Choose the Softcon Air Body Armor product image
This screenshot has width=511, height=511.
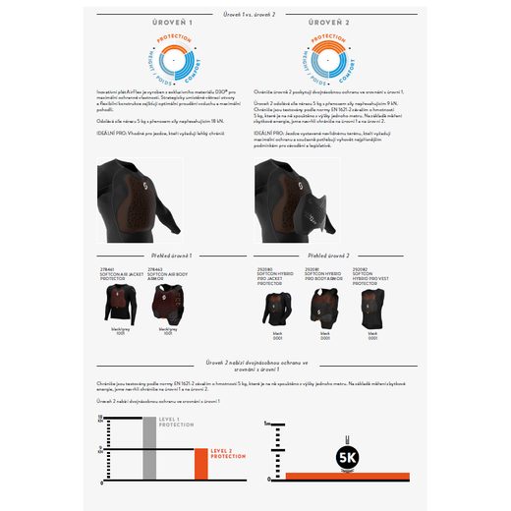[x=167, y=307]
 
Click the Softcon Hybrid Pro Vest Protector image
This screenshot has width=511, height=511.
[x=372, y=307]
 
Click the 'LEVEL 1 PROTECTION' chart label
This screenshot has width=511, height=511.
[x=176, y=423]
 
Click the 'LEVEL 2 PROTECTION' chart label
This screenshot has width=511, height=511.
[x=228, y=455]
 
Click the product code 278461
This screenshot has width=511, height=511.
[x=105, y=268]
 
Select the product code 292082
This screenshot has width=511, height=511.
[x=362, y=268]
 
